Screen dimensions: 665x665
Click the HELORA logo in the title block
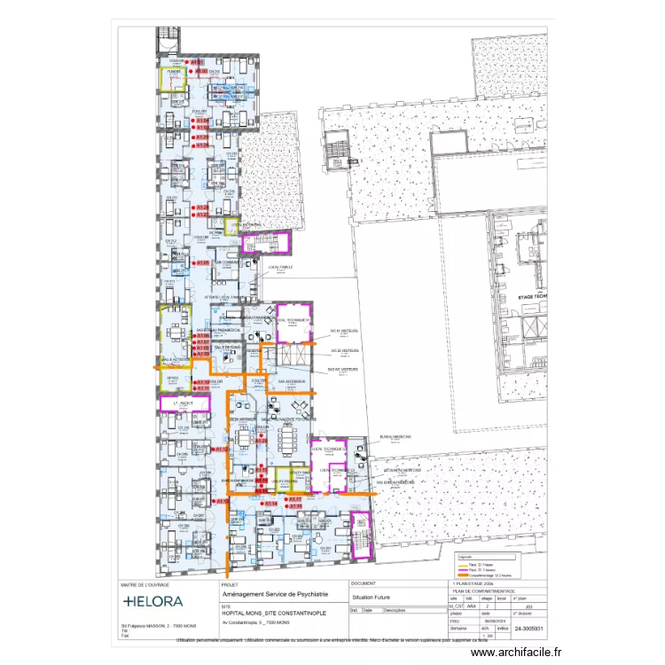pyautogui.click(x=153, y=601)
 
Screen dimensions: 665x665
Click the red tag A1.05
pyautogui.click(x=201, y=263)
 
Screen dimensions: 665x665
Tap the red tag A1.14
pyautogui.click(x=270, y=504)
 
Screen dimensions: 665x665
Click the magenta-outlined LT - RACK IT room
pyautogui.click(x=184, y=403)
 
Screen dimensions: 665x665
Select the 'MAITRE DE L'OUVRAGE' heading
pyautogui.click(x=145, y=585)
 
